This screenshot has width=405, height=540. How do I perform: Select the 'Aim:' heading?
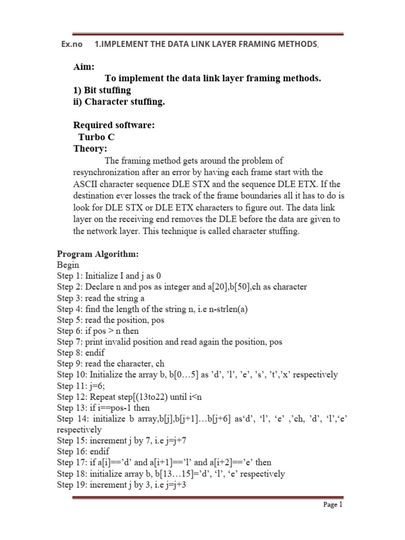coord(84,67)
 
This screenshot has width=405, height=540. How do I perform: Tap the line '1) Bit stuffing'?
coord(102,90)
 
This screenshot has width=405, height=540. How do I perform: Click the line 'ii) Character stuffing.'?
coord(119,102)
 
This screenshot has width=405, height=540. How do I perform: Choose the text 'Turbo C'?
coord(97,137)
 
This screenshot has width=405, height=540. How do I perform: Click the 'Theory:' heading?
coord(90,148)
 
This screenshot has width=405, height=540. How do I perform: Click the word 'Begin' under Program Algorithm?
coord(68,265)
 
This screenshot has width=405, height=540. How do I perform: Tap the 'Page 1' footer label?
coord(333,505)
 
